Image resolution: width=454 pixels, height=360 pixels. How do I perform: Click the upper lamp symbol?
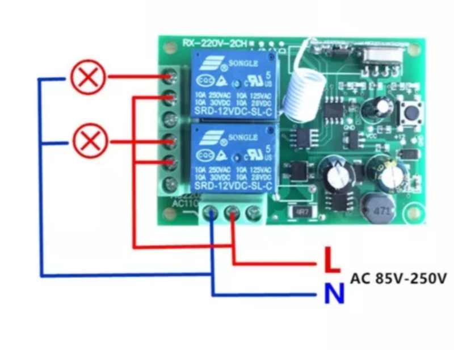coord(88,77)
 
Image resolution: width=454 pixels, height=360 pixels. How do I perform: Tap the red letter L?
coord(331,262)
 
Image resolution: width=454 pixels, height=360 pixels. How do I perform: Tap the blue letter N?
coord(334,294)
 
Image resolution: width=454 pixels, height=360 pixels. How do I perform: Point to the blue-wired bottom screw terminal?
coord(212,214)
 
